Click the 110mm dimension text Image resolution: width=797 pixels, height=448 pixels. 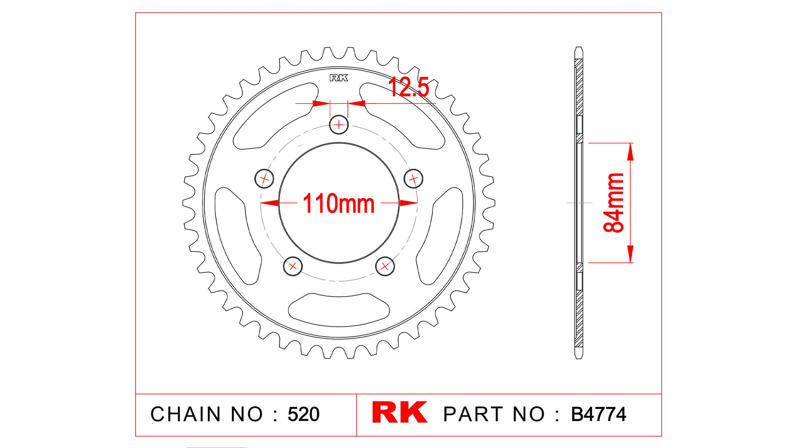pos(338,204)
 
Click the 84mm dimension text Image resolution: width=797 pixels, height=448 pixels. pos(614,203)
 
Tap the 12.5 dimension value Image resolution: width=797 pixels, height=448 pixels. pos(408,88)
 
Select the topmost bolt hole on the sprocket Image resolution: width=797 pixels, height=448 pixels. pos(339,124)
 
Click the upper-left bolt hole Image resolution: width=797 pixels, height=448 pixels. pos(264,179)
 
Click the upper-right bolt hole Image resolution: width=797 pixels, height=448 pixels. pos(413,178)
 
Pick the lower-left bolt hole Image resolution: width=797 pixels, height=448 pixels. pos(293,266)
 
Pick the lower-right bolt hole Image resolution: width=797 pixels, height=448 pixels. pos(385,266)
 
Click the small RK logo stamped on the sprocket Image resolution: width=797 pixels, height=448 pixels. pos(339,78)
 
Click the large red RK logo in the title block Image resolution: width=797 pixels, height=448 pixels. pos(399,412)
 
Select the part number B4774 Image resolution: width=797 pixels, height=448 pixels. pos(598,414)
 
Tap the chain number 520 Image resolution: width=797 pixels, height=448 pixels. pos(303,414)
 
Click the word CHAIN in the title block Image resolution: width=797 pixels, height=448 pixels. pos(186,414)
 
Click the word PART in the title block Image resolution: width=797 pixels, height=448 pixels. pos(473,414)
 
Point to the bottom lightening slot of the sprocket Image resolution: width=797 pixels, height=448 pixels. pos(339,310)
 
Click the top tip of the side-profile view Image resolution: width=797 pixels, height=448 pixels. pos(579,48)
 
